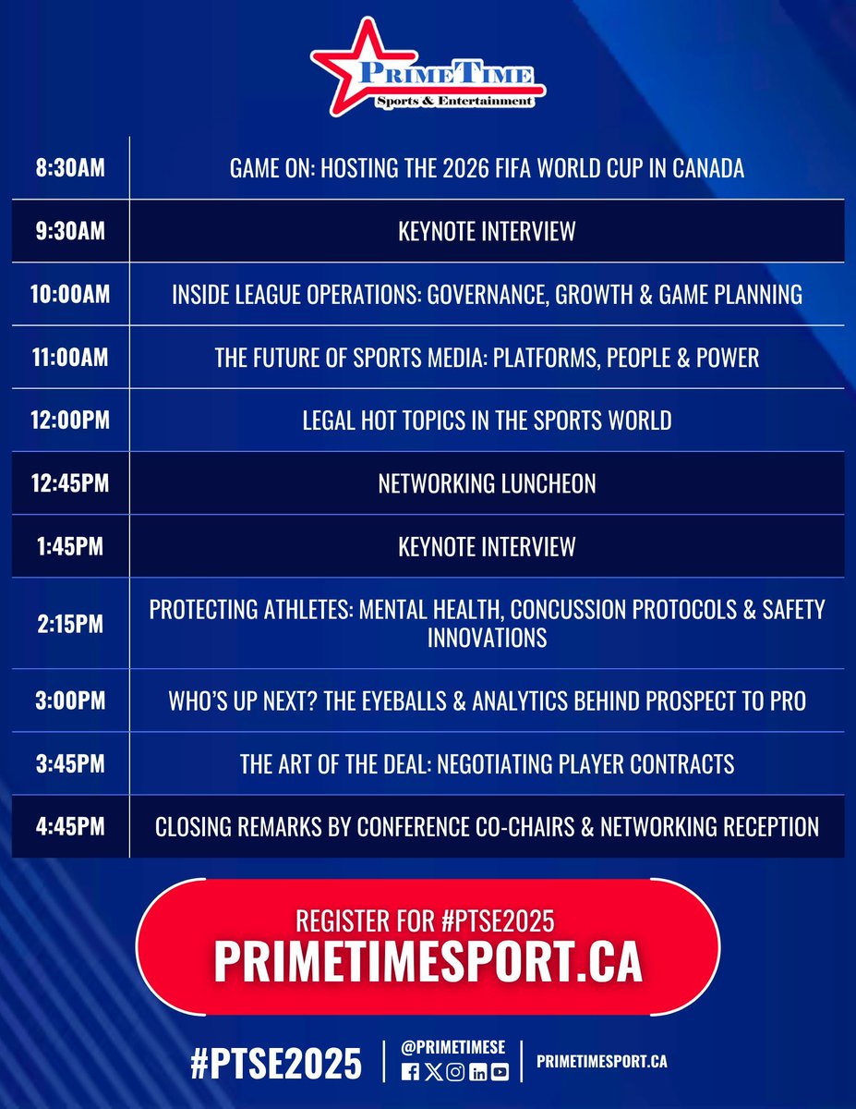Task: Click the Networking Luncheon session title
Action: click(x=487, y=483)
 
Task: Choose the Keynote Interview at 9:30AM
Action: click(x=487, y=231)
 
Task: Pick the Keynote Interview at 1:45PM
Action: click(x=487, y=546)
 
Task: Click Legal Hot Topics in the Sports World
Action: click(x=487, y=420)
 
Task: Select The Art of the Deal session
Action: click(x=487, y=764)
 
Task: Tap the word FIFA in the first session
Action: click(x=510, y=168)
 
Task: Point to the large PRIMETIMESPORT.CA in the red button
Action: click(x=428, y=962)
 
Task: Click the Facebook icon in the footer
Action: click(x=411, y=1072)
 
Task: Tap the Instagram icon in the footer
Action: click(x=455, y=1072)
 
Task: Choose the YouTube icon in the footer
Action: click(x=500, y=1072)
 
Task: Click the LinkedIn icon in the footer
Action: click(x=477, y=1072)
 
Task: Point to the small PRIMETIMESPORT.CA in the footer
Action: click(x=601, y=1063)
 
